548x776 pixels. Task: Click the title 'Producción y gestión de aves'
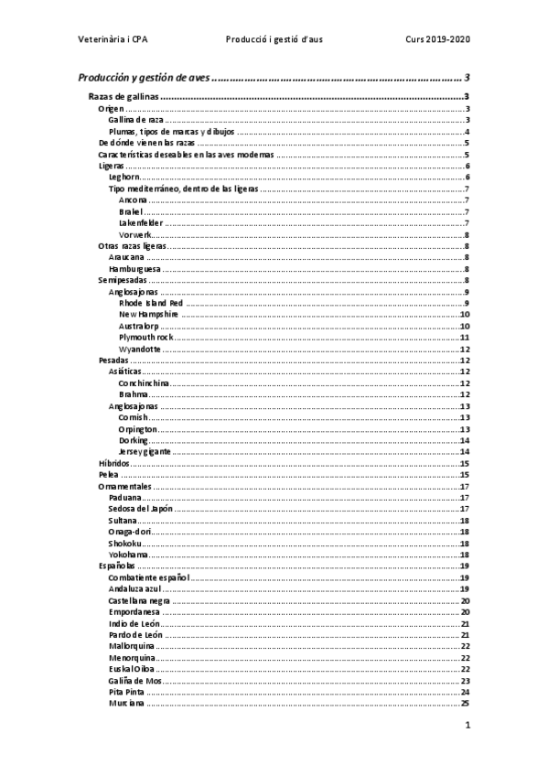click(144, 79)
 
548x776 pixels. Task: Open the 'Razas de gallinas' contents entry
click(123, 97)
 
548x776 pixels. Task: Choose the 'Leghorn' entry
click(124, 178)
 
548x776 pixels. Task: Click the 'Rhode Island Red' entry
click(151, 304)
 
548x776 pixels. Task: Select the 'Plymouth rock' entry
click(145, 338)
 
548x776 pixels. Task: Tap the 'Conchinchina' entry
click(144, 383)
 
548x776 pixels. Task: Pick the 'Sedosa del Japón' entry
click(140, 509)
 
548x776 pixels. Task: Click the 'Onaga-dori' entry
click(130, 532)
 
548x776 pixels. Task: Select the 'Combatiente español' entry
click(148, 578)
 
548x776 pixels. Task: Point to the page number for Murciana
click(465, 704)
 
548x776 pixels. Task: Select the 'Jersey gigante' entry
click(144, 452)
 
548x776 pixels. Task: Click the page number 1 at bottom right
click(467, 727)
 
